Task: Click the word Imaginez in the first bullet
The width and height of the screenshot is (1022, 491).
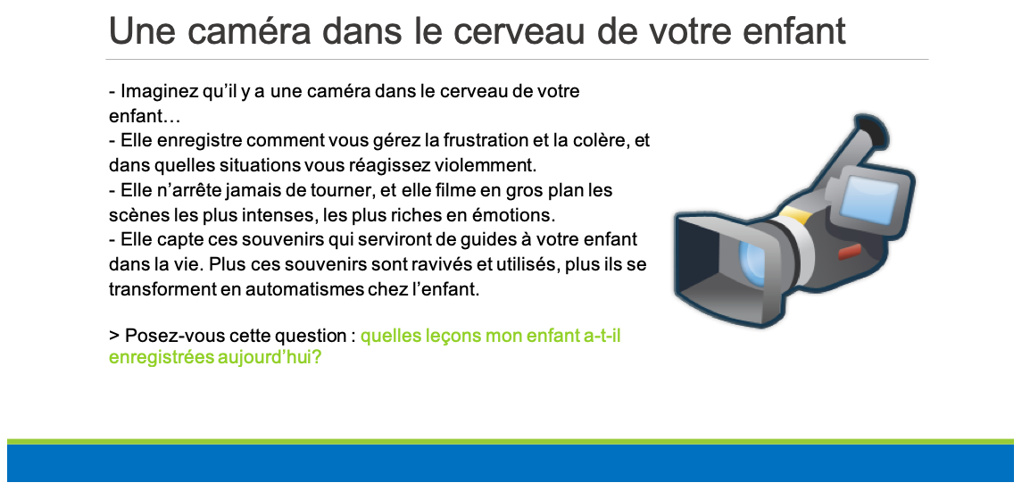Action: [x=150, y=92]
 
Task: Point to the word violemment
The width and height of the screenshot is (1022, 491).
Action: [x=499, y=166]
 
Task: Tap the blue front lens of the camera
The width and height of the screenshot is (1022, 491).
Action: [x=752, y=259]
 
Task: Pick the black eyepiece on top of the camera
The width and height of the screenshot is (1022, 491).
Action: [x=871, y=130]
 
